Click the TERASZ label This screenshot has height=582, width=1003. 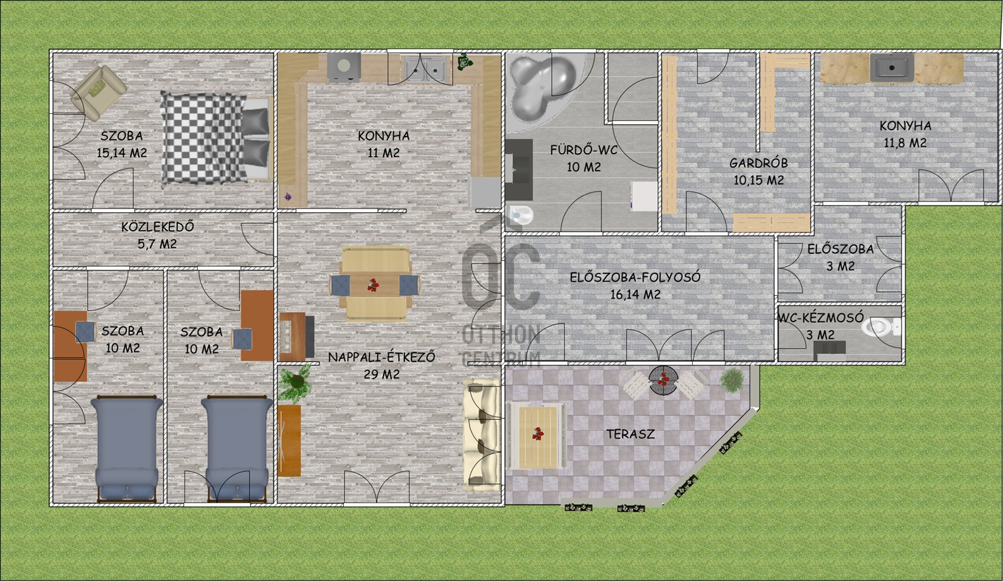click(x=631, y=433)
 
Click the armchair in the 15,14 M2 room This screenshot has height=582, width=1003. click(x=99, y=93)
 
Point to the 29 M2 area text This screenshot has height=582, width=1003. click(x=382, y=374)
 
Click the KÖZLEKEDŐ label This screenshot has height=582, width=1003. click(x=157, y=226)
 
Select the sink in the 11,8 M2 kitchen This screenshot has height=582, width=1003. click(x=892, y=68)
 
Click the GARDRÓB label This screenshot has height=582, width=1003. click(x=758, y=163)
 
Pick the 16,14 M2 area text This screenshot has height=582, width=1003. click(x=635, y=294)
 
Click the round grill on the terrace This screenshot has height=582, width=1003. click(x=664, y=380)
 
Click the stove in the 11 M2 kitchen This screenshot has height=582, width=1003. click(x=343, y=67)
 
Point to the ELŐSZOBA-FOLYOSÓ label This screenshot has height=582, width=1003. click(x=635, y=277)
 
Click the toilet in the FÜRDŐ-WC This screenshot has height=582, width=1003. click(x=521, y=215)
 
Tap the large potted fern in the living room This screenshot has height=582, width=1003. click(x=296, y=382)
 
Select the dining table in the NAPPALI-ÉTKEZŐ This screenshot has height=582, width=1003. click(x=375, y=284)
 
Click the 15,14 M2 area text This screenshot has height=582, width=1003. click(x=122, y=153)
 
